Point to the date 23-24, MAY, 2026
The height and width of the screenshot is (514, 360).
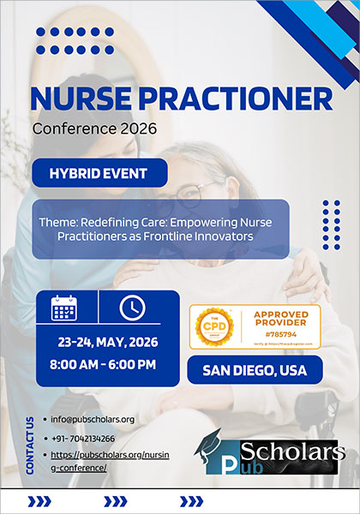107,342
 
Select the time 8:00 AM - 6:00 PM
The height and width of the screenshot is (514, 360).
107,365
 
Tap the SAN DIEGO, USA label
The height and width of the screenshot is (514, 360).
255,371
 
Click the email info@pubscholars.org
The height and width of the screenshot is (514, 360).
93,419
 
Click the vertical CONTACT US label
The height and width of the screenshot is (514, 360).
31,445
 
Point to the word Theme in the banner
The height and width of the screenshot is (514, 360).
57,220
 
